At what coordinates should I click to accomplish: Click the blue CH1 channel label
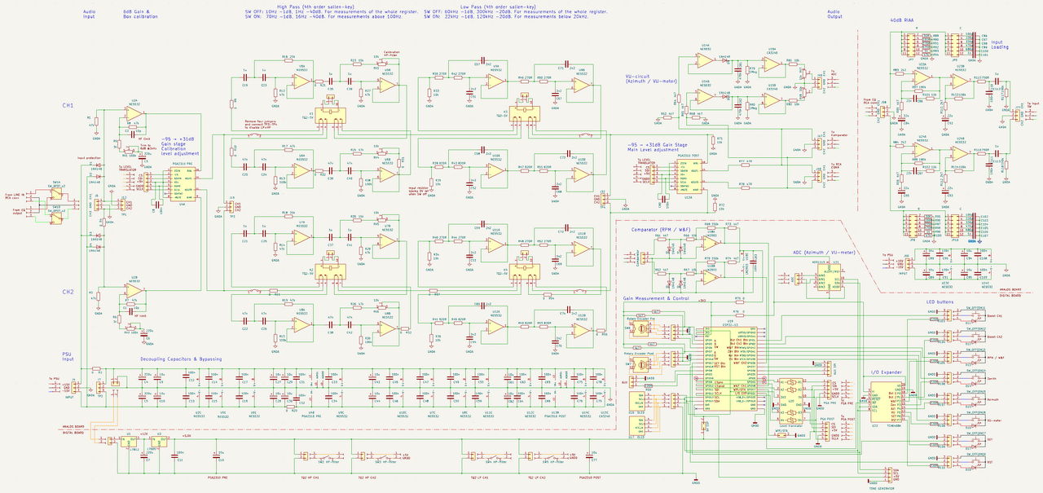coord(68,106)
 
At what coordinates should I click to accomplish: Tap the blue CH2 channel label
coord(68,291)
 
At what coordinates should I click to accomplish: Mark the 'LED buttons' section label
coord(940,302)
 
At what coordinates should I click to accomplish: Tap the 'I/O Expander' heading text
coord(885,372)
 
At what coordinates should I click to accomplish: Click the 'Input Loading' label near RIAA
coord(1000,44)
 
